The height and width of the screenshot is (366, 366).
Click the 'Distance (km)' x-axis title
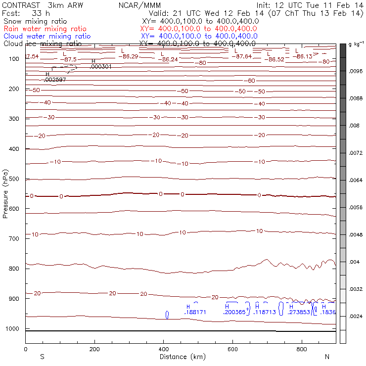tap(181, 357)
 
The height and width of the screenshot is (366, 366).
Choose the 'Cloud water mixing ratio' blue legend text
tap(47, 36)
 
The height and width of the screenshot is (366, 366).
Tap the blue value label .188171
tap(195, 313)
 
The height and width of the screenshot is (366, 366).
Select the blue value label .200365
tap(234, 313)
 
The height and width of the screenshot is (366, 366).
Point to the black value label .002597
tap(55, 80)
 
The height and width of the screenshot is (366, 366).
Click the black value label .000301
tap(101, 66)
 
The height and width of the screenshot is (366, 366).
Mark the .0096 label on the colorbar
tap(356, 71)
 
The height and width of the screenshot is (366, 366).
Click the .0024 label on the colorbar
tap(356, 316)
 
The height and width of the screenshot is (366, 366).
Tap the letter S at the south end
tap(42, 357)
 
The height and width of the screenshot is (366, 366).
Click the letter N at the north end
tap(327, 357)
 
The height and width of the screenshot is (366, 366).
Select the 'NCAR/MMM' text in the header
tap(139, 5)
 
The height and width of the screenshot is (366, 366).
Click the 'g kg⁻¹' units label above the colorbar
tap(356, 45)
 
